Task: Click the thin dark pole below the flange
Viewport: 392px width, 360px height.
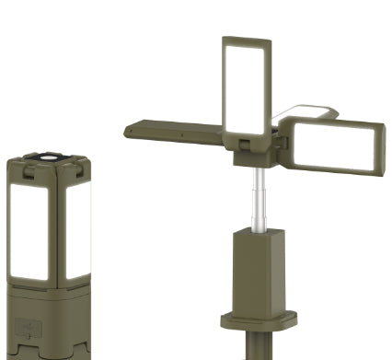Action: [254, 348]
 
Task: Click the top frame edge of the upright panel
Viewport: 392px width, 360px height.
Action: [246, 40]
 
